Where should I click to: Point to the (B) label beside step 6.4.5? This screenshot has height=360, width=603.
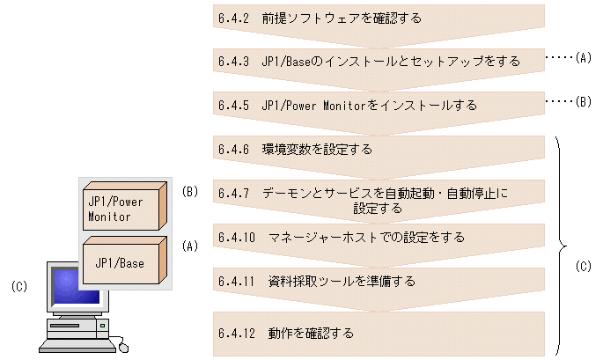pos(582,102)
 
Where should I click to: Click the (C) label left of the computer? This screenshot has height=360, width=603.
pos(19,286)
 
